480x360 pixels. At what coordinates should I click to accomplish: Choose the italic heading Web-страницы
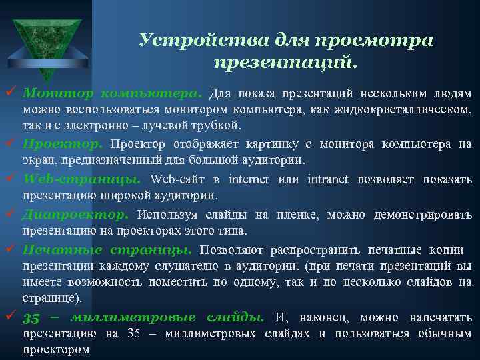coord(82,179)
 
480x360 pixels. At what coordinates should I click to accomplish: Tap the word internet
coord(249,179)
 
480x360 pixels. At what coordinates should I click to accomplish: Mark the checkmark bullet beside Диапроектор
coord(10,214)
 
